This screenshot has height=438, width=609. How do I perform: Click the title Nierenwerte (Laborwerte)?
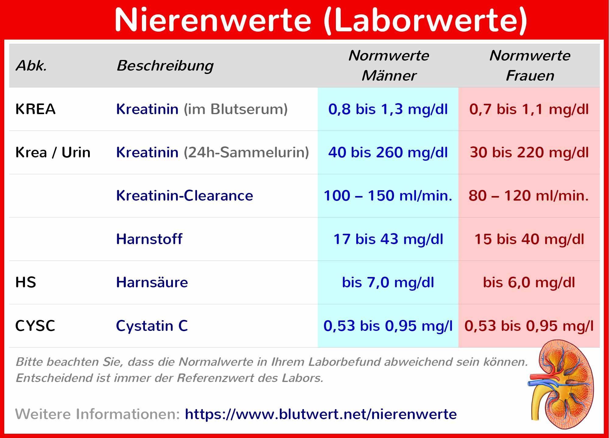click(321, 20)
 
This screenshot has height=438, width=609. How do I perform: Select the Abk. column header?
click(31, 65)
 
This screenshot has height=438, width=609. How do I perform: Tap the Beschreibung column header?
click(165, 66)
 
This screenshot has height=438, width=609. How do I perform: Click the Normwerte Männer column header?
click(389, 65)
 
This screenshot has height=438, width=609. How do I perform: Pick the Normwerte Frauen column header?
click(530, 65)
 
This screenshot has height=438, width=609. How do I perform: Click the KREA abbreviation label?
click(35, 109)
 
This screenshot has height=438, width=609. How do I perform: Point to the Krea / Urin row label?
click(53, 152)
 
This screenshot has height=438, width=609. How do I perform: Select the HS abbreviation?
click(26, 282)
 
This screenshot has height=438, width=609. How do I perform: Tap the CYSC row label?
click(35, 326)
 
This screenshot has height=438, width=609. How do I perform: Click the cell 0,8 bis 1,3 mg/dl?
click(388, 109)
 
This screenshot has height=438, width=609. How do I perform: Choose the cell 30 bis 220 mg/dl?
click(529, 152)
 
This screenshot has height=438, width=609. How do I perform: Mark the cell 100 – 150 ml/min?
click(388, 196)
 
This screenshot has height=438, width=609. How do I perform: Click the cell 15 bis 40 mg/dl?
click(529, 239)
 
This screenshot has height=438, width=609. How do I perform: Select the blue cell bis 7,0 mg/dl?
click(388, 282)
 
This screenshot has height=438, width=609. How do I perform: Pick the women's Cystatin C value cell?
click(529, 326)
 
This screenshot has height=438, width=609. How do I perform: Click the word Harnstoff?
click(149, 239)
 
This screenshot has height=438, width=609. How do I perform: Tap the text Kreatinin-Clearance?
click(185, 196)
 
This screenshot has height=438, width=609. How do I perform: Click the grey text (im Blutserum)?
click(235, 109)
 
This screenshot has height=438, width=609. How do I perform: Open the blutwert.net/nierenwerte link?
click(321, 414)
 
